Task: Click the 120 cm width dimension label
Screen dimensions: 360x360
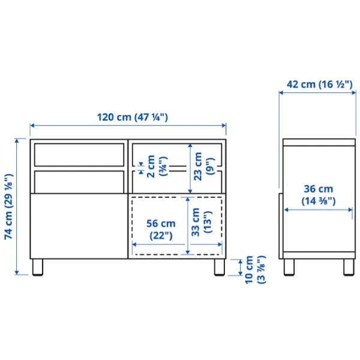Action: coord(133,118)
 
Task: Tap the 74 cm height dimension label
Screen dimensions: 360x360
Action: coord(9,206)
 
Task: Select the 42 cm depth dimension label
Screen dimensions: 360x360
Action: coord(319,85)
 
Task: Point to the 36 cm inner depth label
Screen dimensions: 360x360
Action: coord(319,195)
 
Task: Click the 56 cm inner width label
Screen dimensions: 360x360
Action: coord(161,230)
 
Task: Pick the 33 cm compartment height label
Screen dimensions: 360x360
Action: coord(202,222)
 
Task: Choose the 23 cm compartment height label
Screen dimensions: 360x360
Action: coord(204,166)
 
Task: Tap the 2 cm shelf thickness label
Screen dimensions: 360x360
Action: coord(157,166)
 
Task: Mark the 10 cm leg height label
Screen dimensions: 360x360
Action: coord(255,270)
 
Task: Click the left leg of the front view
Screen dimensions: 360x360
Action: coord(38,267)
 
